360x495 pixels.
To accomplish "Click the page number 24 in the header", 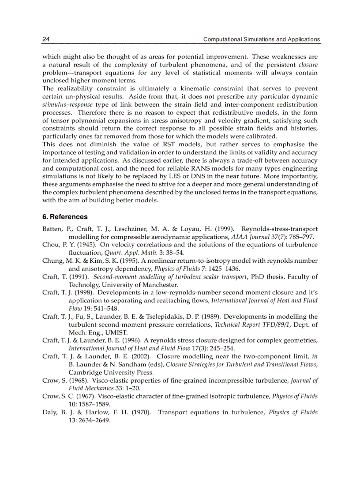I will click(45, 39).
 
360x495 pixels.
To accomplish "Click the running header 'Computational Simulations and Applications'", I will click(261, 39).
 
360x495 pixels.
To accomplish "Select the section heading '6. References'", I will click(64, 217).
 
